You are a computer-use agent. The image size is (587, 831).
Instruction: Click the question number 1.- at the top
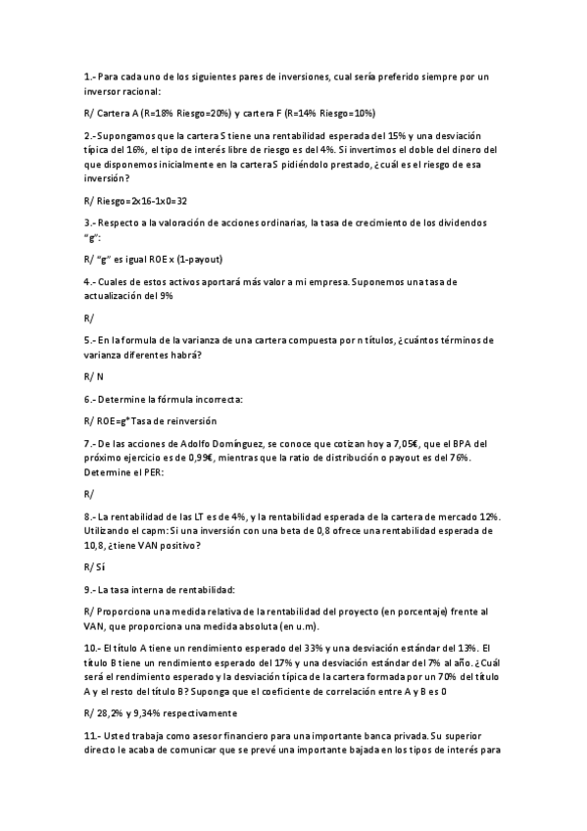coord(91,76)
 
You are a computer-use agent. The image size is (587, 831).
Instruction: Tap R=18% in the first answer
coord(157,113)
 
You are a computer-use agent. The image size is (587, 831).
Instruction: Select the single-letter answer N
coord(100,376)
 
